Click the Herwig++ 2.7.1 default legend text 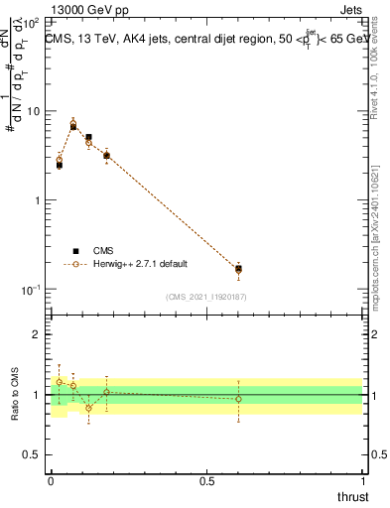[140, 265]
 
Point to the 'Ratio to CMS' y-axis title [15, 395]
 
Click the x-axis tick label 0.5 [205, 481]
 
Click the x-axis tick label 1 [363, 481]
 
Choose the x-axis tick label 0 [51, 481]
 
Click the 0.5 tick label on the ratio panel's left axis [35, 455]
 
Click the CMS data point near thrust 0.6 [238, 268]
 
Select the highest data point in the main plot [72, 123]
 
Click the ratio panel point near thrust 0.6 [238, 399]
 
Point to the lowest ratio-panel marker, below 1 [88, 408]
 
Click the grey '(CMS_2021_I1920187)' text [206, 297]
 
